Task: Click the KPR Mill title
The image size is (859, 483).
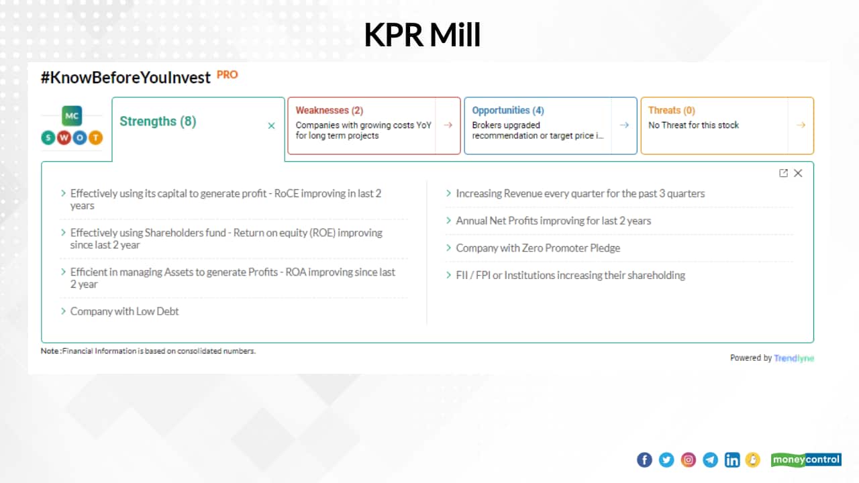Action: click(x=422, y=36)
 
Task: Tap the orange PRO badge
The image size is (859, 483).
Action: click(x=227, y=74)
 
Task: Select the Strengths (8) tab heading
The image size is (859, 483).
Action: click(x=158, y=121)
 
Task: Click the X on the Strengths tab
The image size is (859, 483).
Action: click(x=271, y=125)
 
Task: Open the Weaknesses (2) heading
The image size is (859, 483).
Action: click(x=329, y=110)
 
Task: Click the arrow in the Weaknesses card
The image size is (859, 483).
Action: click(x=448, y=125)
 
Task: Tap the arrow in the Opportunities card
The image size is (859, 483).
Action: click(x=624, y=125)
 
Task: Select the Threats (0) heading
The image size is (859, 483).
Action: click(x=671, y=110)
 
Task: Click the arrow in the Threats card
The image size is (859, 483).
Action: click(x=801, y=125)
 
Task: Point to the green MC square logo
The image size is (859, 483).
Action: click(x=72, y=115)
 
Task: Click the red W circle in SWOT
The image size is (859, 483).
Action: click(x=64, y=138)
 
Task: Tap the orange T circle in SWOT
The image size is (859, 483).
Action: click(x=95, y=138)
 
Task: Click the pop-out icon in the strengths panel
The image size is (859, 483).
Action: click(x=783, y=173)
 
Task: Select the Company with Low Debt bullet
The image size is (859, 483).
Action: click(x=124, y=311)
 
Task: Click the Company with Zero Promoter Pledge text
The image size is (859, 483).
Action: click(x=538, y=248)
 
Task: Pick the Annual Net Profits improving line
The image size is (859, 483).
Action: click(x=553, y=221)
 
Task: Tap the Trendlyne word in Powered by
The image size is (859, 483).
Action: click(x=794, y=358)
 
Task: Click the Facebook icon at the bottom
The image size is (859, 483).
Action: click(x=644, y=460)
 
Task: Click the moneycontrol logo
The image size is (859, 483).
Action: click(x=805, y=460)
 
